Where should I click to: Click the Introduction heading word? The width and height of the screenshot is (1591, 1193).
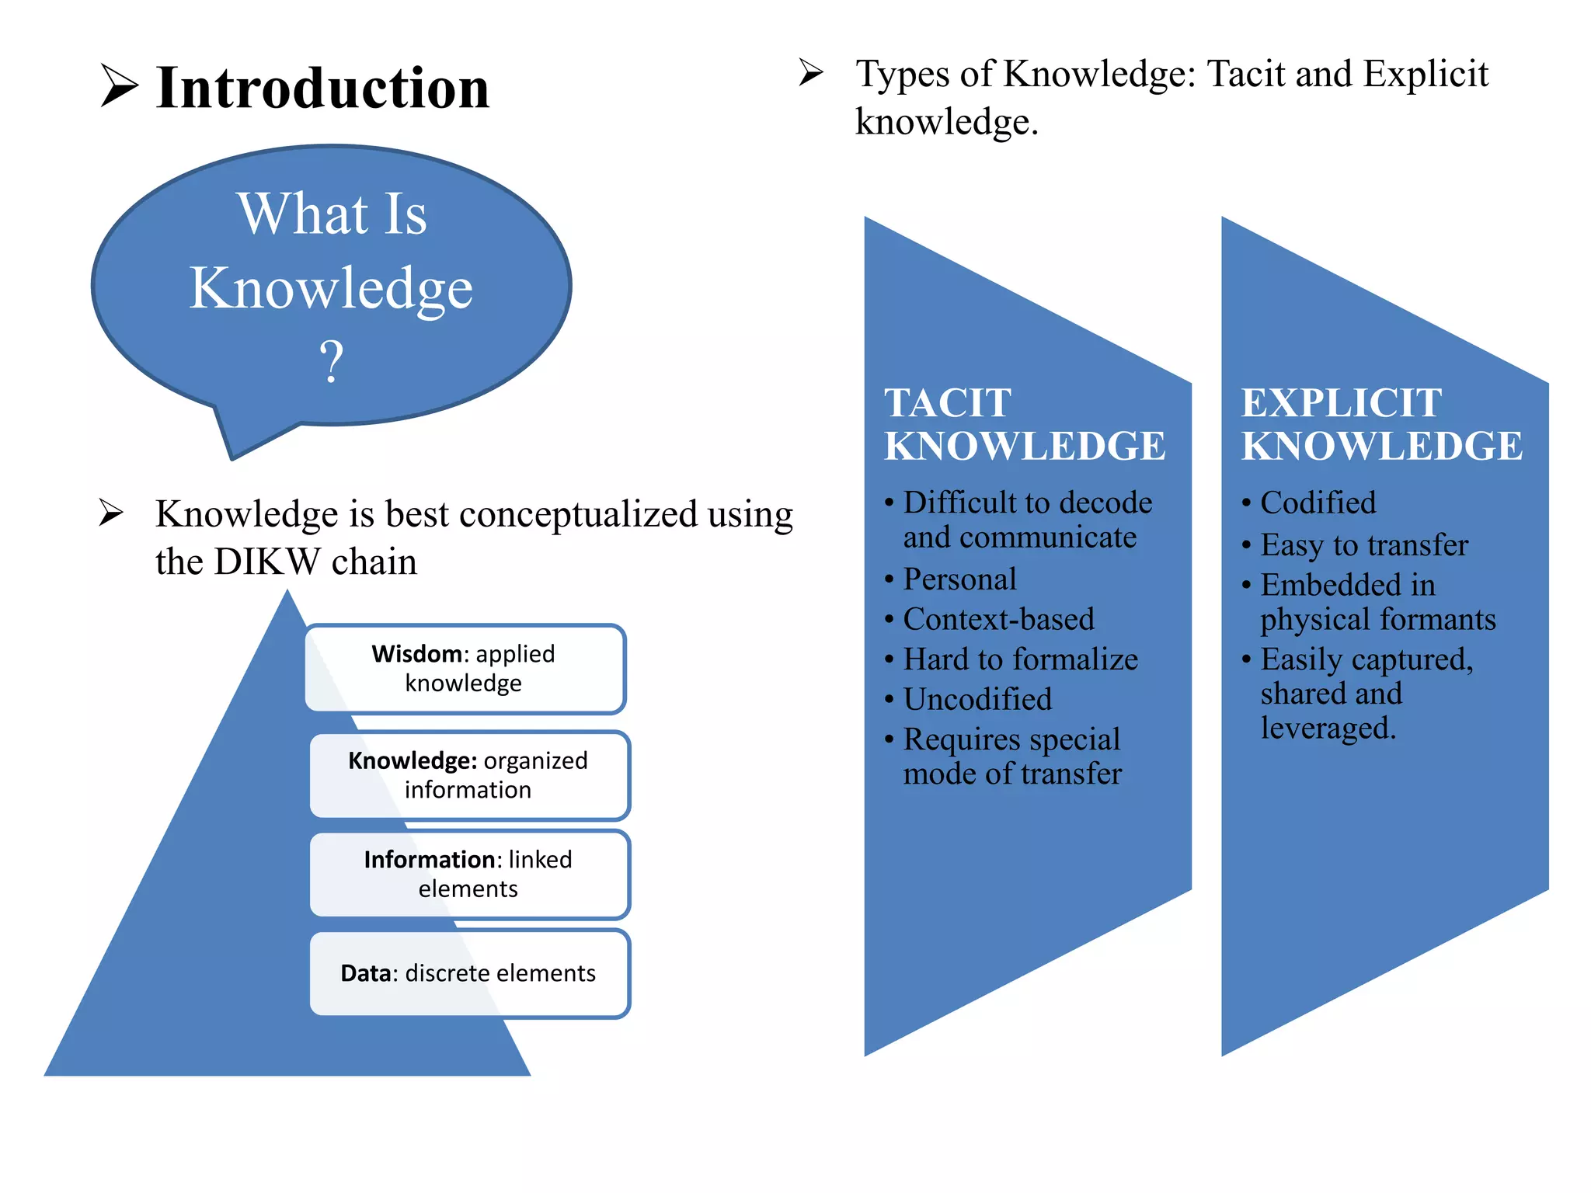coord(322,88)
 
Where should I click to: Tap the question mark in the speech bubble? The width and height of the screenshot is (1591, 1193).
coord(332,361)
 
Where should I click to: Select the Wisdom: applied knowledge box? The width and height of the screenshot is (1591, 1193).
coord(465,669)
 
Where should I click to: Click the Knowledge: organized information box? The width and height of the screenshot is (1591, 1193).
coord(468,775)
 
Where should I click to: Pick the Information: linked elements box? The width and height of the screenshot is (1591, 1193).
coord(468,874)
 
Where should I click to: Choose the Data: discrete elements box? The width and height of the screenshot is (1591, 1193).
coord(468,973)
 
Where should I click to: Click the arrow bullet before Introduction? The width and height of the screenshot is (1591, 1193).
coord(119,86)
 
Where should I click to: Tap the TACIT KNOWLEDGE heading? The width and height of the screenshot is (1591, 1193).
coord(1024,424)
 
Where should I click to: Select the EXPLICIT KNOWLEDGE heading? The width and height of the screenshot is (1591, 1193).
coord(1381,424)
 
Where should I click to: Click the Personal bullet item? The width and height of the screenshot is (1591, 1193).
coord(960,579)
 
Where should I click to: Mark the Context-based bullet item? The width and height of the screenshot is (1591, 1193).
coord(999,619)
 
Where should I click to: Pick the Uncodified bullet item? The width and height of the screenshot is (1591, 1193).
coord(978,699)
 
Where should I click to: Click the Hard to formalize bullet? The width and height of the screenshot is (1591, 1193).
coord(1021,659)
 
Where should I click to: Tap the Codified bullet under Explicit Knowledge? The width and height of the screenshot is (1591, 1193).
coord(1318,503)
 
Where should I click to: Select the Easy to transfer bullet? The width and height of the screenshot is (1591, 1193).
coord(1364,544)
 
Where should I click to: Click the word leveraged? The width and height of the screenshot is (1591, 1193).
coord(1328,729)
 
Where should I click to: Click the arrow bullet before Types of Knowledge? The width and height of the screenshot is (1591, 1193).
coord(811,73)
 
